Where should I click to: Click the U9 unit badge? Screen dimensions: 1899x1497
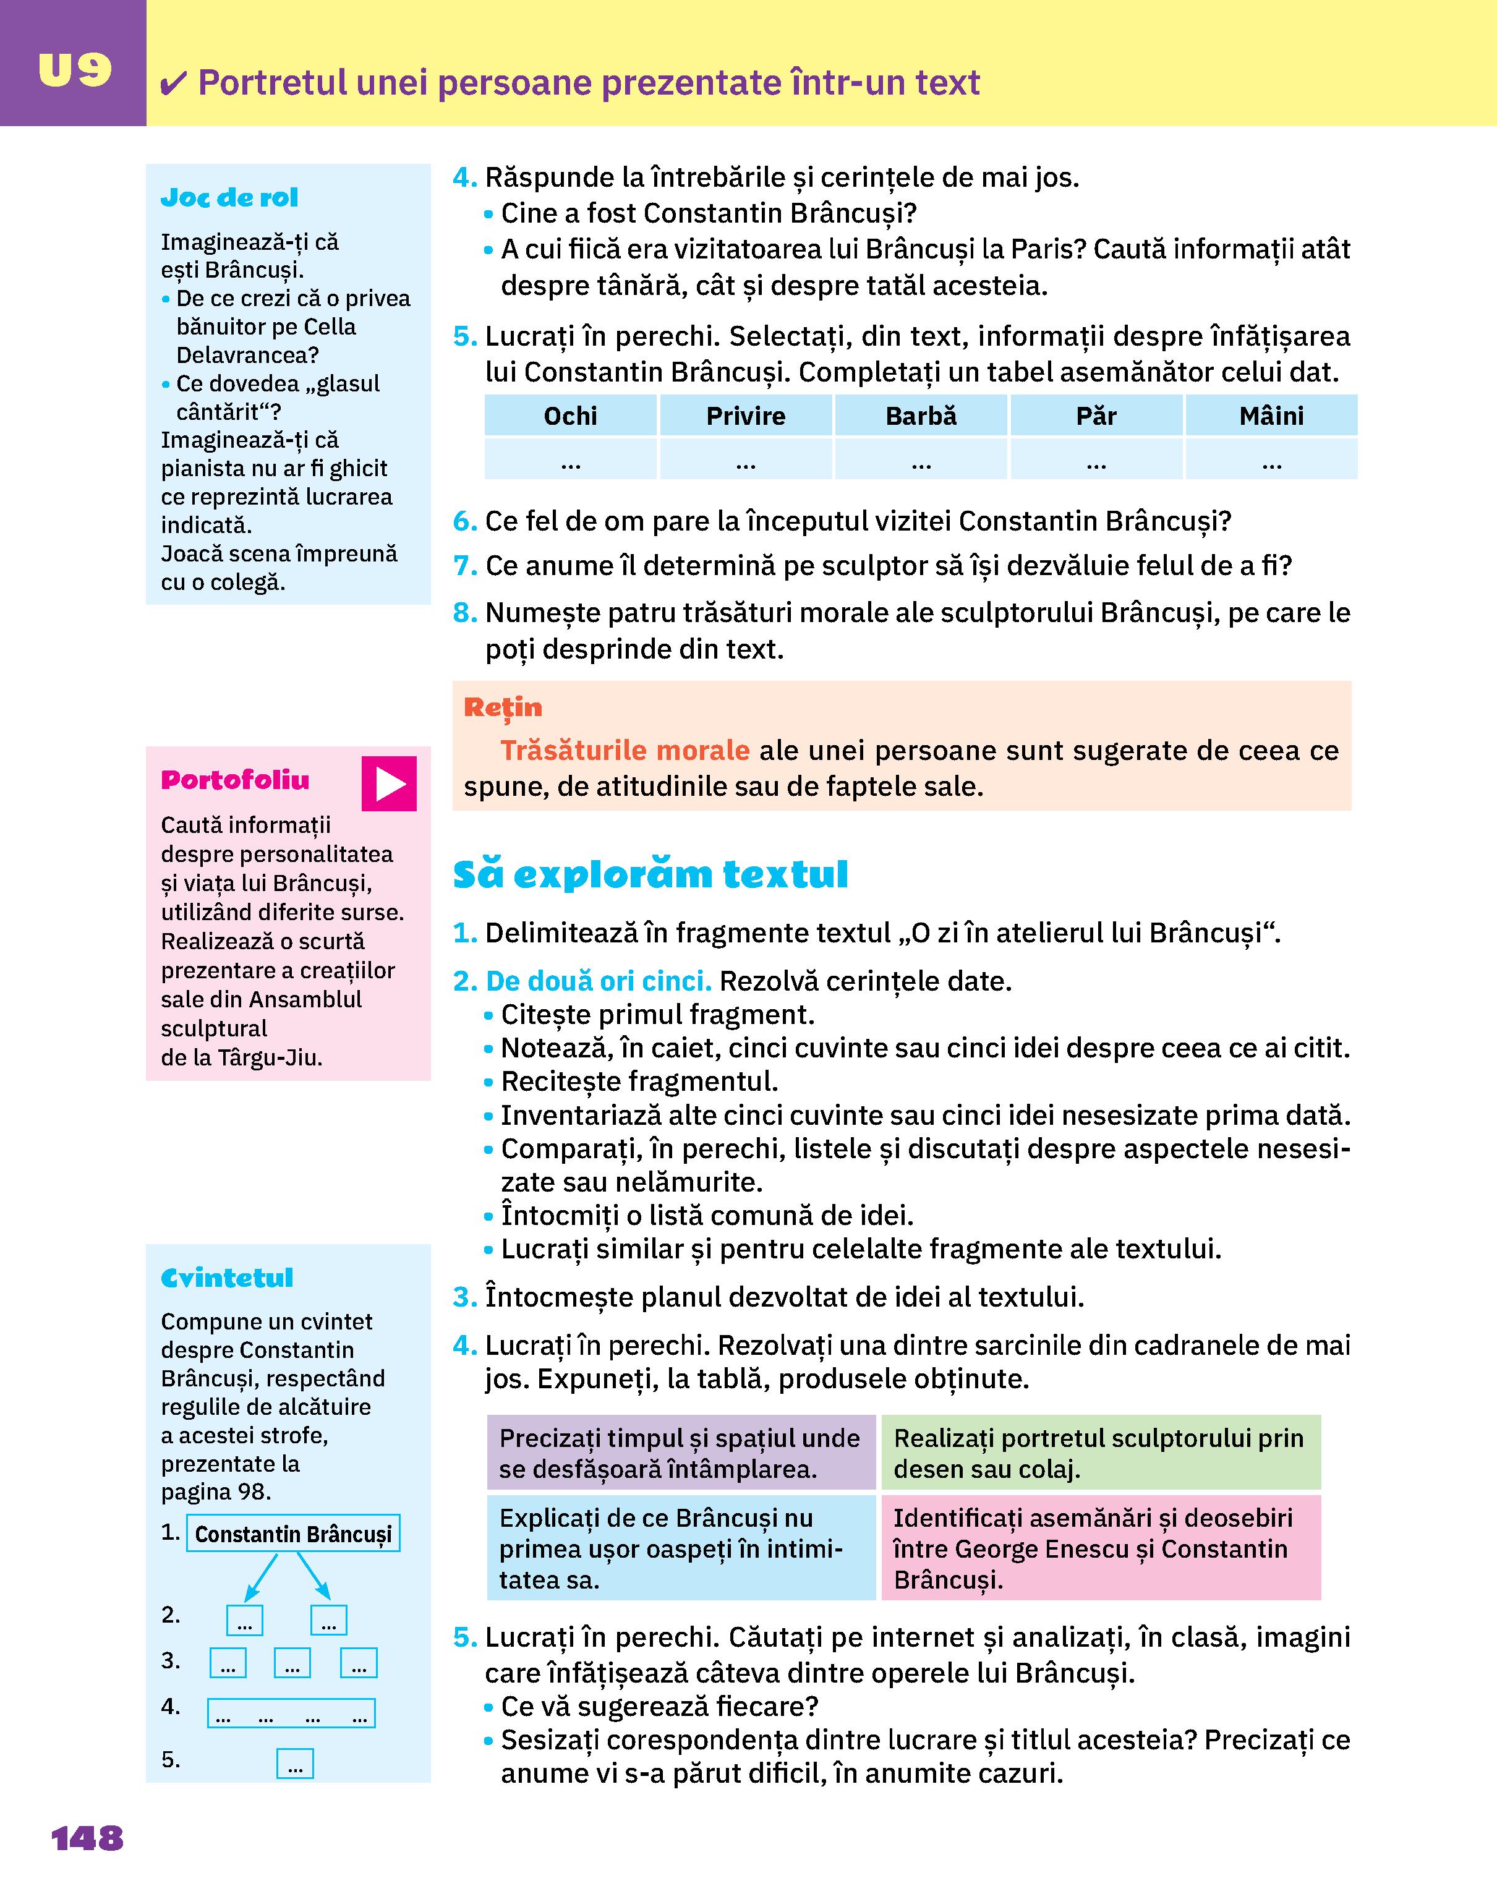click(74, 70)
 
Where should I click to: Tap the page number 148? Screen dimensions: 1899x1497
click(88, 1838)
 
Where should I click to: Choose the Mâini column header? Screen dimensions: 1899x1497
click(1271, 416)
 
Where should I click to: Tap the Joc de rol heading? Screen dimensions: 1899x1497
click(229, 198)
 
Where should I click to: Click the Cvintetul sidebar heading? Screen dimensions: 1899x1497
click(227, 1278)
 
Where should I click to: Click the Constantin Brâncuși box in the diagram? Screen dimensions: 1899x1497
click(292, 1534)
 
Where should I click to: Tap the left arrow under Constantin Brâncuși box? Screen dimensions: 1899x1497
click(260, 1577)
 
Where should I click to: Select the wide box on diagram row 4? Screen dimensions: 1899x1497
click(291, 1713)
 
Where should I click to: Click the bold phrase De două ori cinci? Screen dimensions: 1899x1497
click(599, 981)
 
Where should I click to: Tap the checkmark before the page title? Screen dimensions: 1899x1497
click(174, 84)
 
